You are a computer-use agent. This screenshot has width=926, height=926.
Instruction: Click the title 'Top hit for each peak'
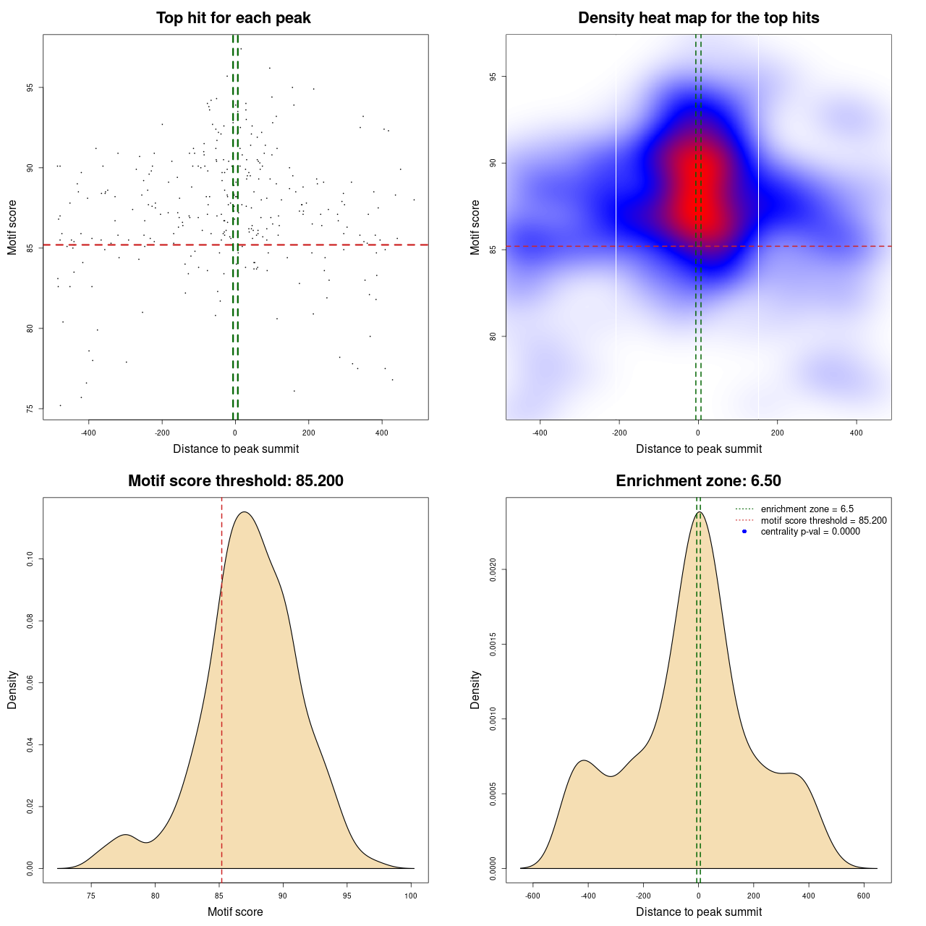pos(234,18)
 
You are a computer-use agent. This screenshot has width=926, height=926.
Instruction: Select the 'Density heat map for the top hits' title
pos(698,18)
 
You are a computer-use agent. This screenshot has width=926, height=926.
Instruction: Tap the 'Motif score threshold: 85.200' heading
pos(235,481)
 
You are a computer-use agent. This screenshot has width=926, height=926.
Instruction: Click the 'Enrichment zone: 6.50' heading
pos(698,481)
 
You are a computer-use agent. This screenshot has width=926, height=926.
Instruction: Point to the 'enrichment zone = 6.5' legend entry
pos(807,509)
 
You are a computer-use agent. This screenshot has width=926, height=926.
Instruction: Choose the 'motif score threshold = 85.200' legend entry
pos(823,520)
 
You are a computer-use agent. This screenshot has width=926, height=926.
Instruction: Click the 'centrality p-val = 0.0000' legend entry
pos(810,532)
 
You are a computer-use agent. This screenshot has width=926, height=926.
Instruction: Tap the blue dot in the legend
pos(744,532)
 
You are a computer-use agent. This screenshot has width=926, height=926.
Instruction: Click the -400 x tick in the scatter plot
pos(88,433)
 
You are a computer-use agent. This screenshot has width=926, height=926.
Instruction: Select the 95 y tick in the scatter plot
pos(30,88)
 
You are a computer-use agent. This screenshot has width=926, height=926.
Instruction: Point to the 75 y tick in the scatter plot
pos(30,409)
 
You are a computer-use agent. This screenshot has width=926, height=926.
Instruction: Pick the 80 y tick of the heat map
pos(493,336)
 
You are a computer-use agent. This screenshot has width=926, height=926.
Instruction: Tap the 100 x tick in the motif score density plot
pos(411,896)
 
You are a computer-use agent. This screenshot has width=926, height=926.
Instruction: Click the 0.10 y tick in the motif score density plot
pos(30,559)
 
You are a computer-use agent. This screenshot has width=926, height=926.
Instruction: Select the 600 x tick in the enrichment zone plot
pos(863,896)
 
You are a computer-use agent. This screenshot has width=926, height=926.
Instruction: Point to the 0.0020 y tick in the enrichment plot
pos(493,570)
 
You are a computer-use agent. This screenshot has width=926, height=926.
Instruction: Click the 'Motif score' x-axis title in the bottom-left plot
pos(235,912)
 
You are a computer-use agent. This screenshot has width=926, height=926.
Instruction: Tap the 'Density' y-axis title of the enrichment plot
pos(475,689)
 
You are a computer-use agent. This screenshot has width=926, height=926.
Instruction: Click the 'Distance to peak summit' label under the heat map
pos(698,449)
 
